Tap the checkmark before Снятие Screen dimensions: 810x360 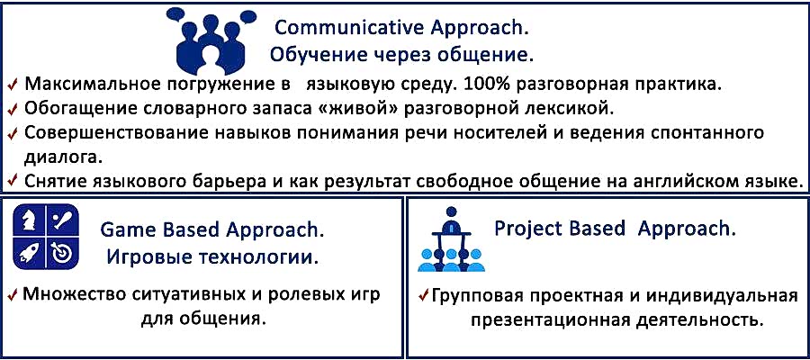[13, 182]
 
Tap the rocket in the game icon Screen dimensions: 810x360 [29, 253]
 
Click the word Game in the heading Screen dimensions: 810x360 [123, 229]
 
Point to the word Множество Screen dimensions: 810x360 [75, 295]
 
